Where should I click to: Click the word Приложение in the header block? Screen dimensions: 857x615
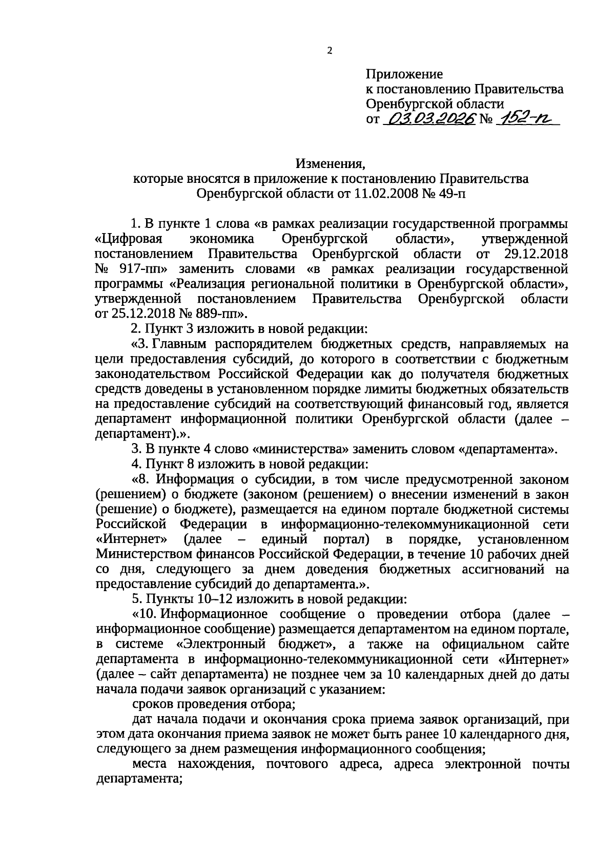(404, 74)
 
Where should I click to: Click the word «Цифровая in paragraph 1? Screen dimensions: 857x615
(129, 239)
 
